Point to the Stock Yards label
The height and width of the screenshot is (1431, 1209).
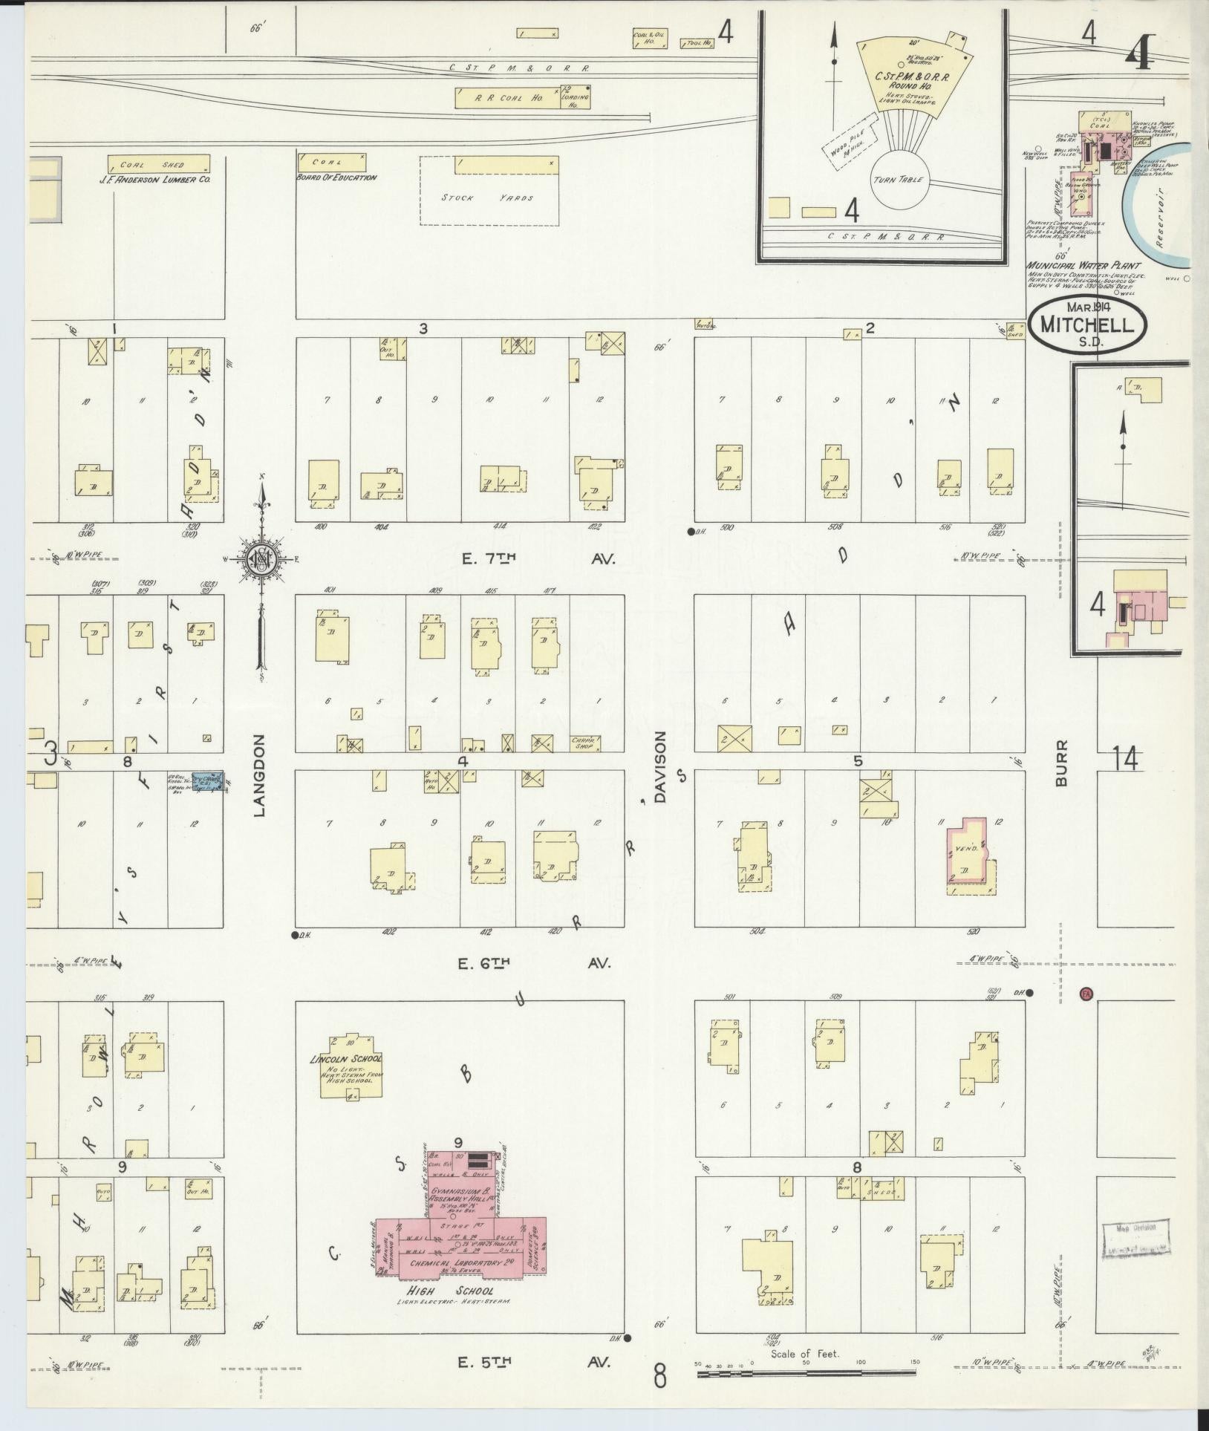pos(487,198)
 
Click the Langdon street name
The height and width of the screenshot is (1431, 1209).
pos(259,775)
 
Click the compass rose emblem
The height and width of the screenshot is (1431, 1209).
pos(261,559)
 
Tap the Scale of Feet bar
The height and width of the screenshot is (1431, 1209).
pos(806,1374)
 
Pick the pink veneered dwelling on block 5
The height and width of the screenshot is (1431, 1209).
pos(968,851)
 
